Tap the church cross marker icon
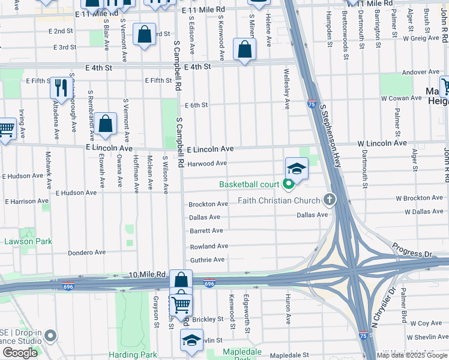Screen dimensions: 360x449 coord(328,199)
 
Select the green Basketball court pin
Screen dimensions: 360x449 coord(288,184)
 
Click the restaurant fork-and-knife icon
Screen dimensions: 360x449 coord(60,88)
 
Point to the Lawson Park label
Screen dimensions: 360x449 coord(28,242)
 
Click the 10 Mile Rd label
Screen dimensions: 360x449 coord(147,274)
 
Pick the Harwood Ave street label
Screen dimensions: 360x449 coord(207,163)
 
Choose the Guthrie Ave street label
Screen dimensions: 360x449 coord(207,260)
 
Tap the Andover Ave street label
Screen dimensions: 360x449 coord(421,72)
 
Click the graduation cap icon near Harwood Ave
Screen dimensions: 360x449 coord(297,169)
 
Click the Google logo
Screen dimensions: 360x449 coord(20,353)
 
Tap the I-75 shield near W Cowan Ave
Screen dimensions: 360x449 coord(312,103)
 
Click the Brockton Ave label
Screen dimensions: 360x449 coord(208,205)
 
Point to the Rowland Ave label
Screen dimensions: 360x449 coord(209,247)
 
